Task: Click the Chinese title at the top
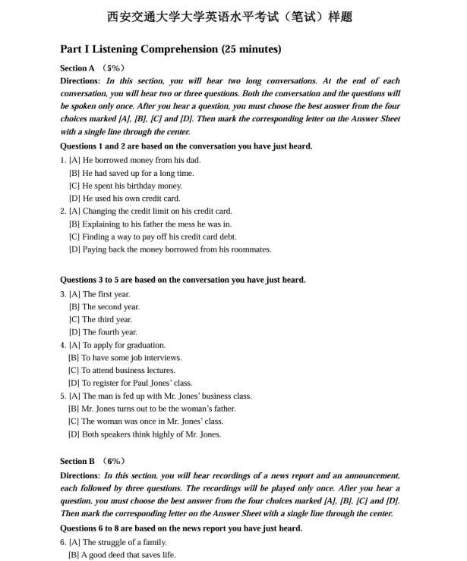pyautogui.click(x=230, y=16)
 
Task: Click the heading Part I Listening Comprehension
pyautogui.click(x=170, y=49)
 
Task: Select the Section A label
pyautogui.click(x=77, y=68)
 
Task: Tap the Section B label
pyautogui.click(x=77, y=461)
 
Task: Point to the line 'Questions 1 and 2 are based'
pyautogui.click(x=186, y=146)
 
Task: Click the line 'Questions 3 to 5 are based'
pyautogui.click(x=182, y=280)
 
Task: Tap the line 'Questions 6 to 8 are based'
pyautogui.click(x=181, y=528)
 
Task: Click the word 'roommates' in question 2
pyautogui.click(x=252, y=249)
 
